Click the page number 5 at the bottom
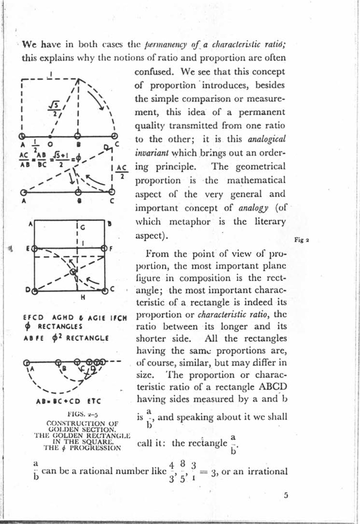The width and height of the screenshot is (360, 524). click(x=286, y=495)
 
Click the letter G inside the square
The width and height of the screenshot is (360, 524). click(x=82, y=227)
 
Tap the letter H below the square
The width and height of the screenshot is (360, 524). click(x=83, y=297)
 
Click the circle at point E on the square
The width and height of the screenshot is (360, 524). click(x=34, y=249)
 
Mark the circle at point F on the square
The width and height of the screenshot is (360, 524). click(x=104, y=248)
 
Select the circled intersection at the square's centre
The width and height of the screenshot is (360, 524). click(x=73, y=271)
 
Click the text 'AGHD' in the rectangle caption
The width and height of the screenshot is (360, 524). click(x=63, y=318)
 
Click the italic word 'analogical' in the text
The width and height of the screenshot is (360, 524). click(x=266, y=139)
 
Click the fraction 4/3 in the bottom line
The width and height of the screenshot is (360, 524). click(x=172, y=471)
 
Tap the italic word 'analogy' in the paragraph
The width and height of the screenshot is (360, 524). click(x=253, y=208)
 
